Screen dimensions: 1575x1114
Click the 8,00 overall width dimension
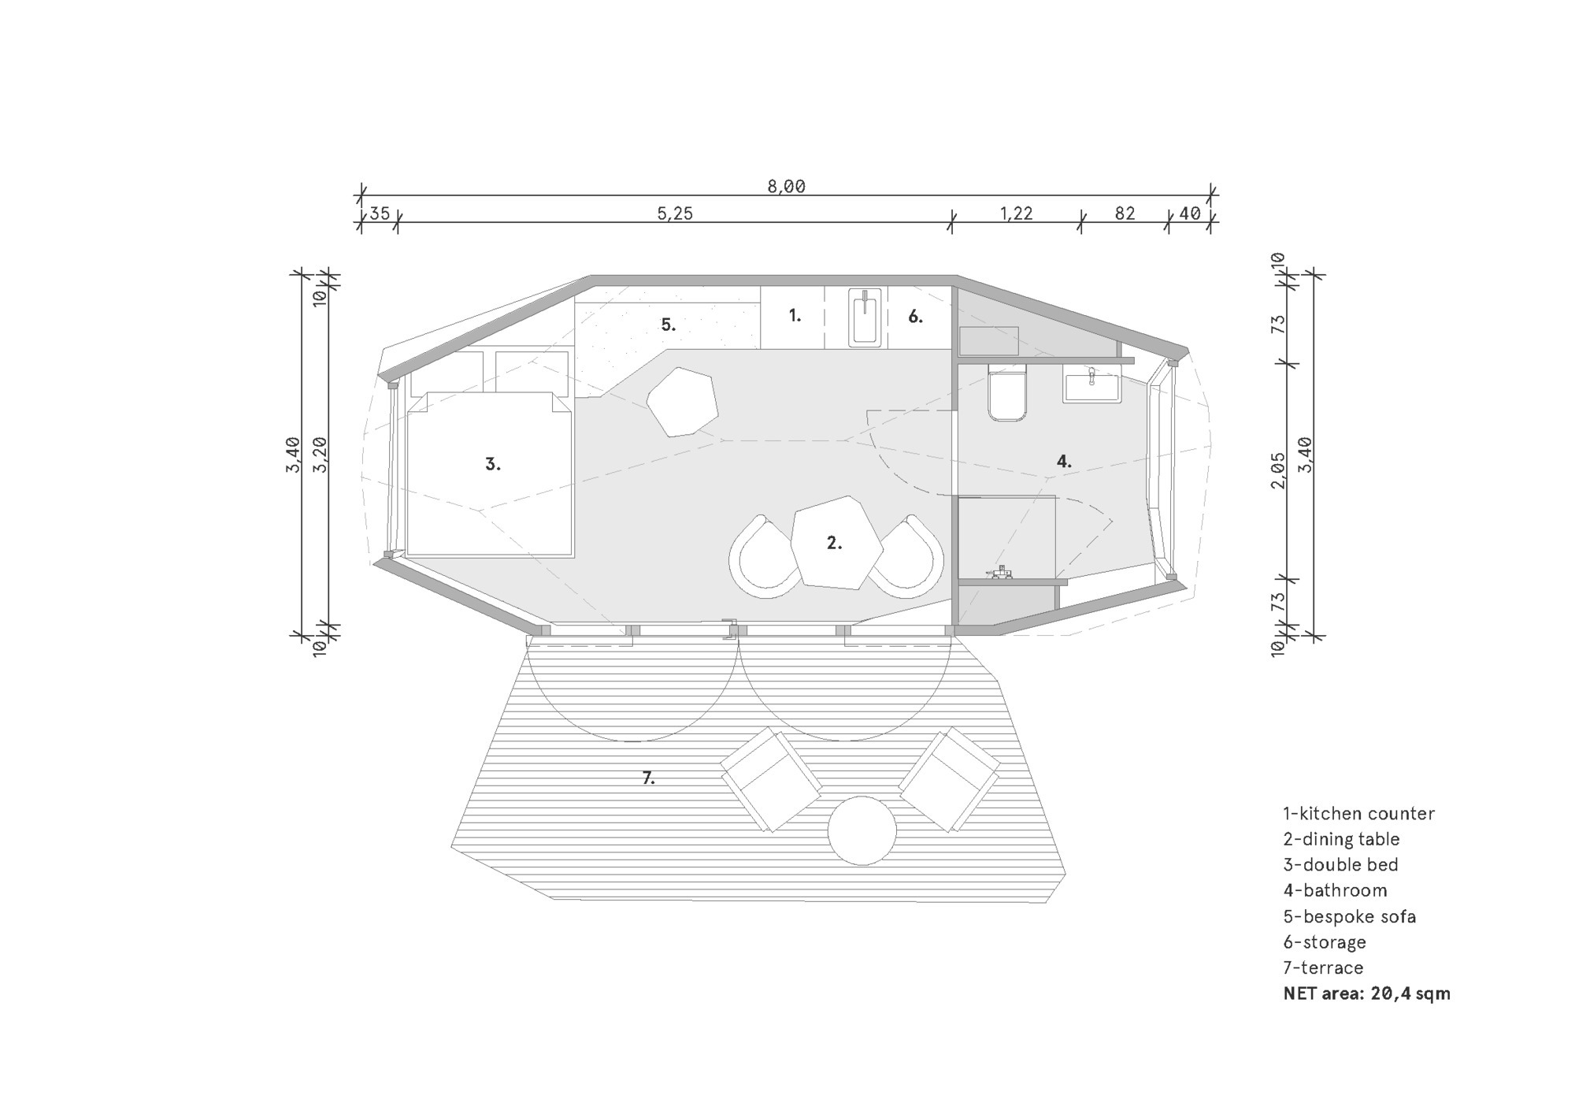[x=786, y=187]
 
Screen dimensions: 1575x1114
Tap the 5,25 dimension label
[x=675, y=214]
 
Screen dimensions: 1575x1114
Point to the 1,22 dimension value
[x=1016, y=214]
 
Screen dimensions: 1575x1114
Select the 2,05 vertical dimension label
[x=1278, y=470]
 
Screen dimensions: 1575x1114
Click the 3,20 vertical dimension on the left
[x=320, y=455]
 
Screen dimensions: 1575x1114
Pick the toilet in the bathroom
[x=1007, y=392]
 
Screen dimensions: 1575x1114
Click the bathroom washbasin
[x=1091, y=384]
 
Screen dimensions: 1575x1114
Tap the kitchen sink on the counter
[x=865, y=317]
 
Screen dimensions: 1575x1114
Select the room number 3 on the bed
[x=493, y=465]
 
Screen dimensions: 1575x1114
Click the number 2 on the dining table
[x=834, y=543]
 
